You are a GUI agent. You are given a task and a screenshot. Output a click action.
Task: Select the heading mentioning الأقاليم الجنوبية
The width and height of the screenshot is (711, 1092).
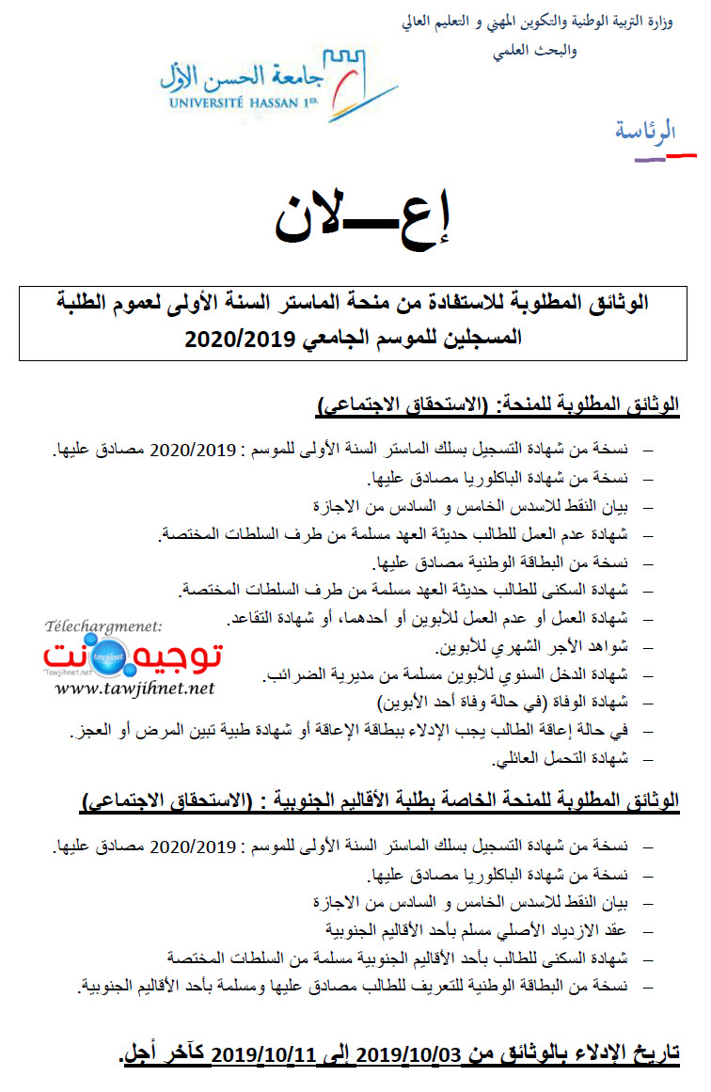click(x=382, y=800)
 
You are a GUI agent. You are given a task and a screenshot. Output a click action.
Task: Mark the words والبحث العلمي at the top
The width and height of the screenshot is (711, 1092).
click(x=527, y=53)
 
